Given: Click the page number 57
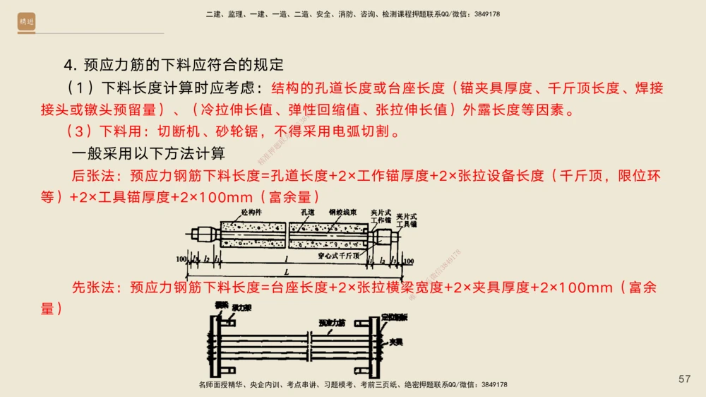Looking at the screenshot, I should coord(684,379).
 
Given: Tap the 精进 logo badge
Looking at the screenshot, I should coord(27,23).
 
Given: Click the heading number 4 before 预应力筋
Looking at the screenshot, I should coord(68,66).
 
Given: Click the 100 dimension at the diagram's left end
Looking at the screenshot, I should coord(181,260).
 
